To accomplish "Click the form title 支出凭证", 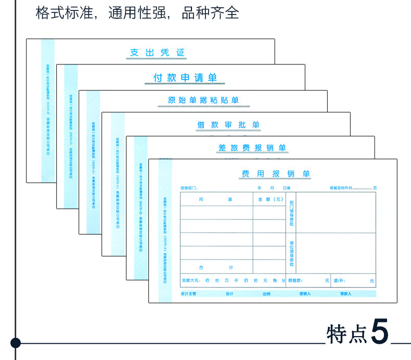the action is (157, 53).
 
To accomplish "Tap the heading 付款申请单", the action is (185, 78).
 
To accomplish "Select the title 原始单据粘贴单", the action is (203, 100).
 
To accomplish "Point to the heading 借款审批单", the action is (228, 125).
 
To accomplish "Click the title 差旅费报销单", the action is (252, 148).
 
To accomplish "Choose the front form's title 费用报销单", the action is (276, 174).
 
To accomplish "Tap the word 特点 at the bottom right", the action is (346, 333).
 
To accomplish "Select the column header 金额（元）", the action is (268, 199).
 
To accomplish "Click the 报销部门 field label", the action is (189, 187).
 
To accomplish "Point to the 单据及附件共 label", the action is (341, 187).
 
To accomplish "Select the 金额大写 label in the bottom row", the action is (190, 280).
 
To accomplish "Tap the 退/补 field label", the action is (339, 280).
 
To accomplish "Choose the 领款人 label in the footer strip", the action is (345, 294).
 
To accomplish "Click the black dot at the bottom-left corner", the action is (16, 343).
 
